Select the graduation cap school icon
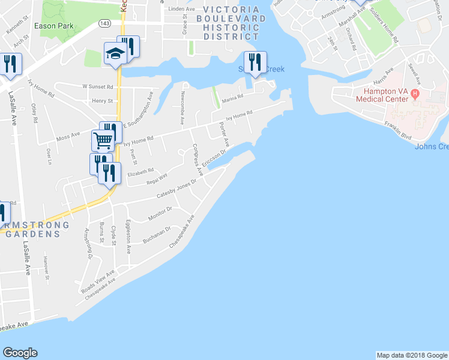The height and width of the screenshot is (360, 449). click(x=115, y=54)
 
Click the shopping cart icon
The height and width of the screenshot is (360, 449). click(x=103, y=141)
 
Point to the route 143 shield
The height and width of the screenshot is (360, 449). click(x=104, y=23)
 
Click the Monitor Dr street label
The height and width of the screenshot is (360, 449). click(x=161, y=215)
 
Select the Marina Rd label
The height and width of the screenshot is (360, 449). click(x=232, y=97)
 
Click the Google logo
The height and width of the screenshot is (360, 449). click(x=20, y=353)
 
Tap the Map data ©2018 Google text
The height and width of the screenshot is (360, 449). click(x=411, y=355)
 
